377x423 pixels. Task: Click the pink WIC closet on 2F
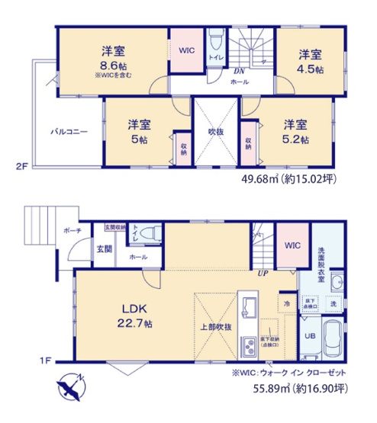(x=186, y=50)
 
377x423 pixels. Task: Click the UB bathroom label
(x=310, y=336)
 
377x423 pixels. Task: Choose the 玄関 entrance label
(x=104, y=248)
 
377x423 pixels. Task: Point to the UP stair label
(x=262, y=273)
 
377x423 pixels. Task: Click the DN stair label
(x=238, y=72)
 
